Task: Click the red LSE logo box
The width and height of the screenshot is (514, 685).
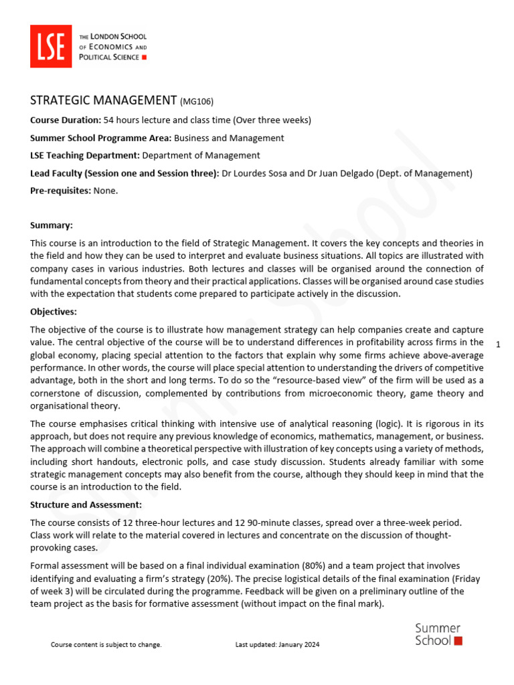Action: (x=51, y=46)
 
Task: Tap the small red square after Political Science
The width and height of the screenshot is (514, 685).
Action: (x=144, y=58)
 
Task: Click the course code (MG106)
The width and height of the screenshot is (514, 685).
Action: (x=197, y=102)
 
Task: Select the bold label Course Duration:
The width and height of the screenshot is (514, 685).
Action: (x=66, y=120)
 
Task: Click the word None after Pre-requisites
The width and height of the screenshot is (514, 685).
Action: (x=105, y=191)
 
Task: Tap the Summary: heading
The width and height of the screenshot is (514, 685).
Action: (x=52, y=226)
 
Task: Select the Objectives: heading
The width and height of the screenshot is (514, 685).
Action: (x=54, y=312)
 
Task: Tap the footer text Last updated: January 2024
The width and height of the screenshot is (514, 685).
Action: (x=277, y=645)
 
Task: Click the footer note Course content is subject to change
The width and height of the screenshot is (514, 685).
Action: (x=106, y=645)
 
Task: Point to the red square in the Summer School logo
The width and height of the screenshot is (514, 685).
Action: (x=458, y=640)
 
